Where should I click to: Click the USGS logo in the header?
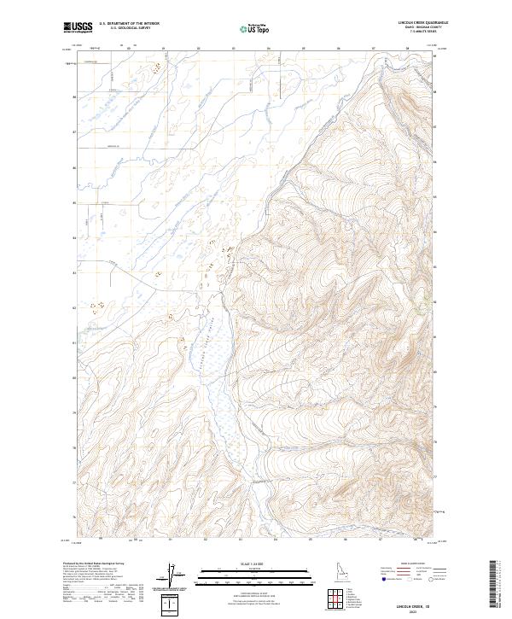pos(78,27)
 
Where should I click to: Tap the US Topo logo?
pos(255,29)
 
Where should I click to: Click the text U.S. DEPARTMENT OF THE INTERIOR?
pos(129,24)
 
